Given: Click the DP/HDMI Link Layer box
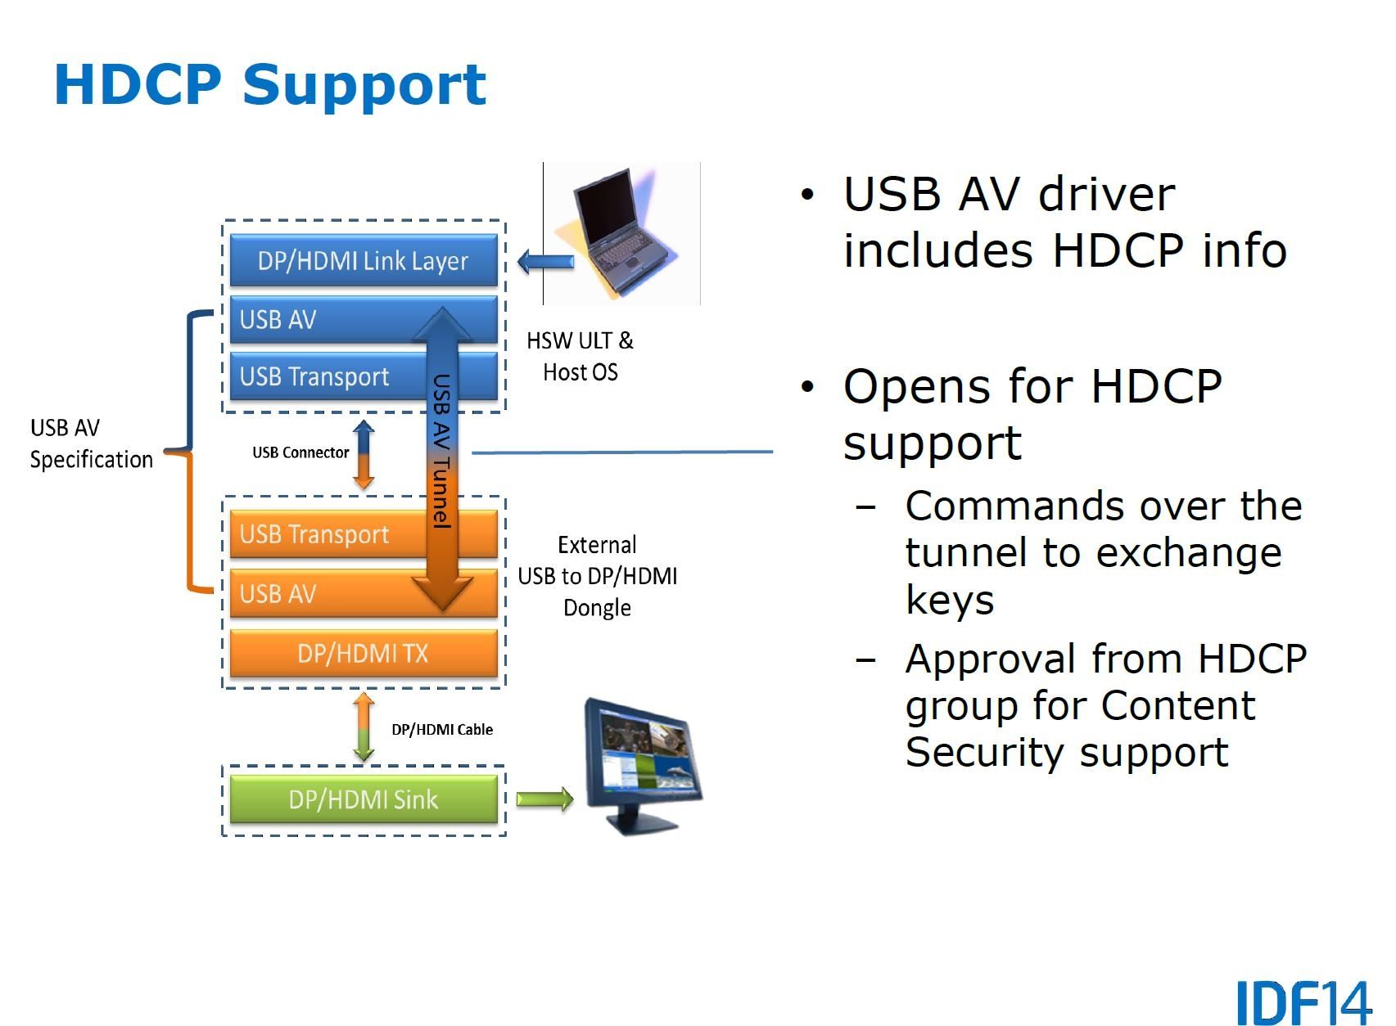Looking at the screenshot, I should click(363, 261).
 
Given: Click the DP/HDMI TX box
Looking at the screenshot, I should click(363, 653).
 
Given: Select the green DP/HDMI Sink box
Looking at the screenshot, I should click(363, 799).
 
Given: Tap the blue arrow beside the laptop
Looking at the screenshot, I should click(546, 263).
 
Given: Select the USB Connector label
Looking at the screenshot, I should click(300, 452).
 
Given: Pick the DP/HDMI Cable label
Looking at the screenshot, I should click(442, 730).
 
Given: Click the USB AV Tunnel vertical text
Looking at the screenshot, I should click(442, 451).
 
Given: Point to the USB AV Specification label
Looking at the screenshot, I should click(91, 443).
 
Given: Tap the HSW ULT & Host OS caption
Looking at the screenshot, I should click(580, 357).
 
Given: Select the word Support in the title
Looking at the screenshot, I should click(364, 85).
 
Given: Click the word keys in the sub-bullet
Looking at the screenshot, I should click(949, 601).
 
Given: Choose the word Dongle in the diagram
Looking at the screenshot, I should click(597, 608).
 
